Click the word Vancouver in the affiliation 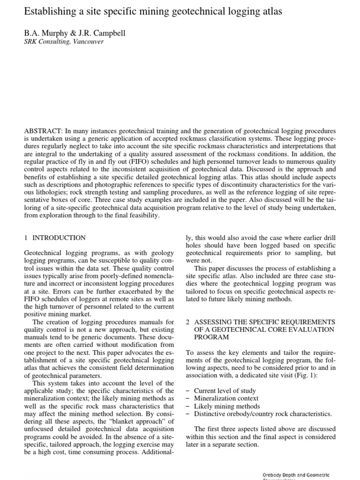click(88, 41)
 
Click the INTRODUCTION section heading click(59, 238)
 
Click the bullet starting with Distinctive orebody click(263, 414)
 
